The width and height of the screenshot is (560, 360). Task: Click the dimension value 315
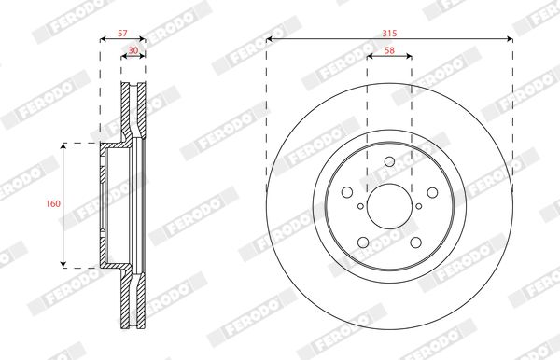click(389, 34)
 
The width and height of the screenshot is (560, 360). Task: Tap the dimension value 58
click(389, 50)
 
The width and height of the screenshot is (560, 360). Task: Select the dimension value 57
click(122, 34)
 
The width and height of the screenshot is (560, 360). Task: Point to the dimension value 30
click(133, 50)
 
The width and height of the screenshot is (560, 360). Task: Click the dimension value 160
click(53, 203)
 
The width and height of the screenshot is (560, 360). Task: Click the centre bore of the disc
click(389, 206)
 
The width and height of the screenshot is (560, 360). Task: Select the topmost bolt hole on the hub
click(389, 161)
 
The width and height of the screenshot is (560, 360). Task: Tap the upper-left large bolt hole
click(347, 192)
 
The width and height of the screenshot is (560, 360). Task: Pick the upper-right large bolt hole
click(432, 192)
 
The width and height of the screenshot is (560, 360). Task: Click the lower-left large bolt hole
click(363, 242)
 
